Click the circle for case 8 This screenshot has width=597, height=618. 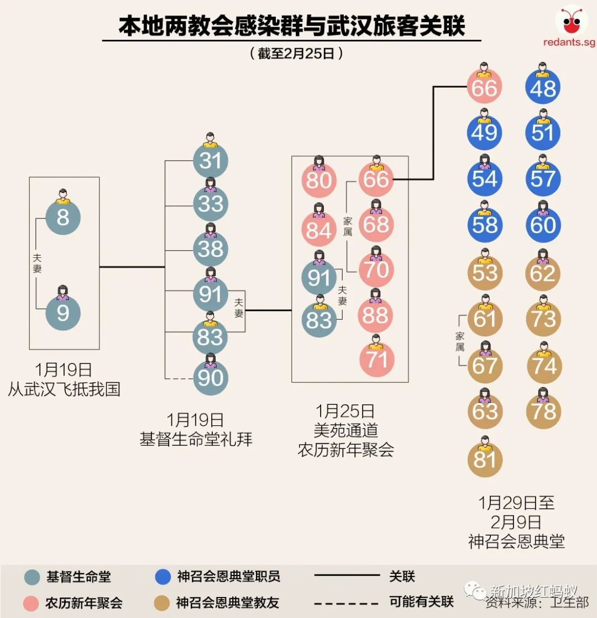63,218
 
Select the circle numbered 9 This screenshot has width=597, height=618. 63,313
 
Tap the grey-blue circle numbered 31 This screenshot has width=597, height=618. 211,161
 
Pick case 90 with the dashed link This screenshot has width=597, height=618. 211,378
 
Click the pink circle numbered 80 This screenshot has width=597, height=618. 319,181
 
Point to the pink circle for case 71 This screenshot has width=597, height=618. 376,360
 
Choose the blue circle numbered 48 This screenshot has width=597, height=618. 543,88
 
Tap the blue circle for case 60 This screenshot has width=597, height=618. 543,225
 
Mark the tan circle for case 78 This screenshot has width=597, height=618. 543,411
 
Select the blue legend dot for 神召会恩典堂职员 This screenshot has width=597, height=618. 163,577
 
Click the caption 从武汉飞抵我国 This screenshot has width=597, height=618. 64,389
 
